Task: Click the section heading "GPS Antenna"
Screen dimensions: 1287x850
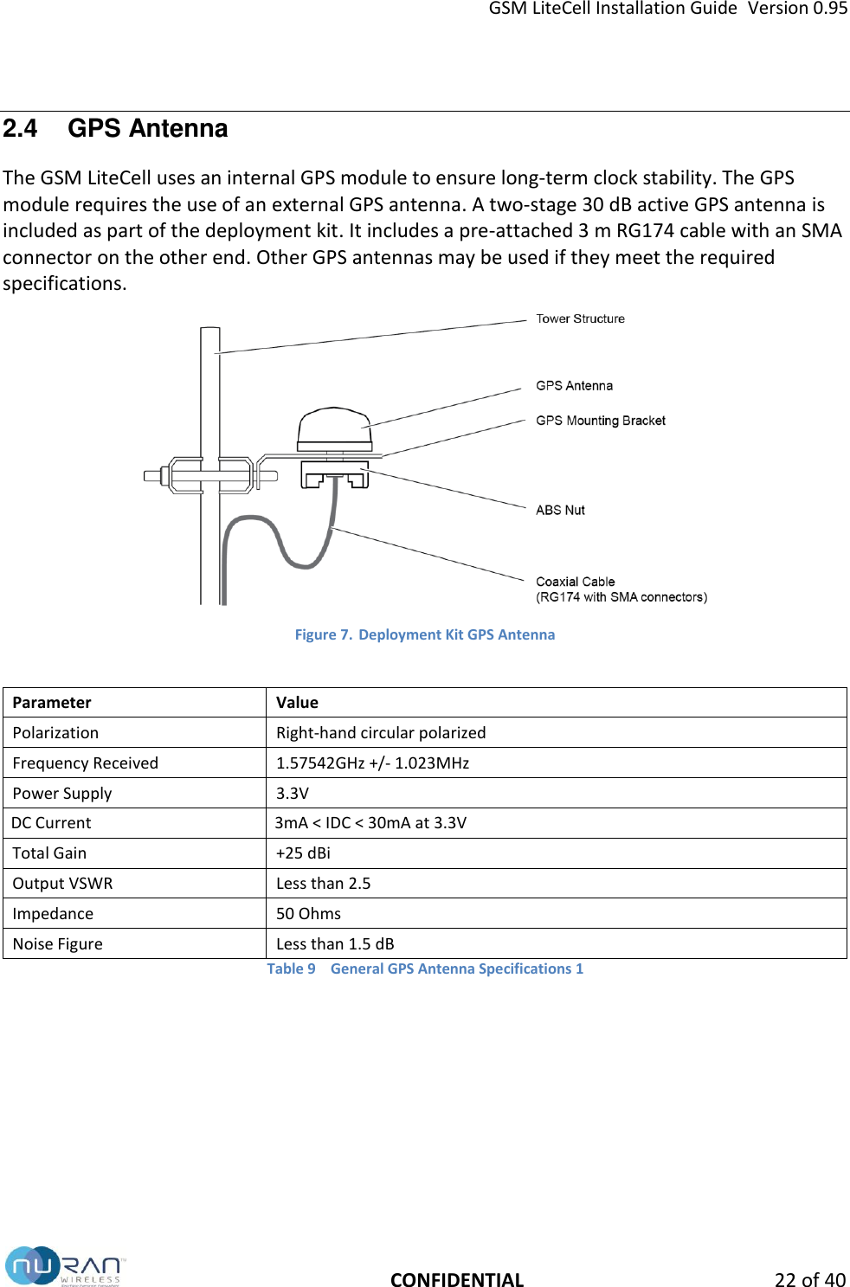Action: pos(147,129)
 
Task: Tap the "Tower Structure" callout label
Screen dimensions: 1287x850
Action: pos(580,319)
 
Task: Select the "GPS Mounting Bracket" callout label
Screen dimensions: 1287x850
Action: pos(600,421)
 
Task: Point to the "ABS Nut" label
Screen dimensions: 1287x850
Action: pos(560,511)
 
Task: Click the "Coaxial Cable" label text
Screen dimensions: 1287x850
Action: pos(576,582)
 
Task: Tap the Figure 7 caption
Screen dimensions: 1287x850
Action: pos(425,634)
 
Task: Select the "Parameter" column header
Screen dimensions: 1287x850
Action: pos(52,703)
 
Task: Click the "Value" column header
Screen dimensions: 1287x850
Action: pos(297,703)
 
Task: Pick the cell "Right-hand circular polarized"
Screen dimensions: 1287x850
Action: pos(381,733)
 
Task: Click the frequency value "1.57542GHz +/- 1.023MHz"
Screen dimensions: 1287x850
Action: pos(372,763)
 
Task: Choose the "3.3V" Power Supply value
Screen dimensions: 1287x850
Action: pos(293,794)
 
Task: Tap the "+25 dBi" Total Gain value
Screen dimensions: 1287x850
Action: pos(303,853)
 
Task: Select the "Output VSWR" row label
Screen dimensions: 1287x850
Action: pos(62,884)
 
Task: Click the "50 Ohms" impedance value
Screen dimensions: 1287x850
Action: pos(308,914)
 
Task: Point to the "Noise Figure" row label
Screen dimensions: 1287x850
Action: pos(57,944)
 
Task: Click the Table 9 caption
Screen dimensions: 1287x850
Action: pos(425,969)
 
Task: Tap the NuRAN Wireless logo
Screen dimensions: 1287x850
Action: pos(66,1267)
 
